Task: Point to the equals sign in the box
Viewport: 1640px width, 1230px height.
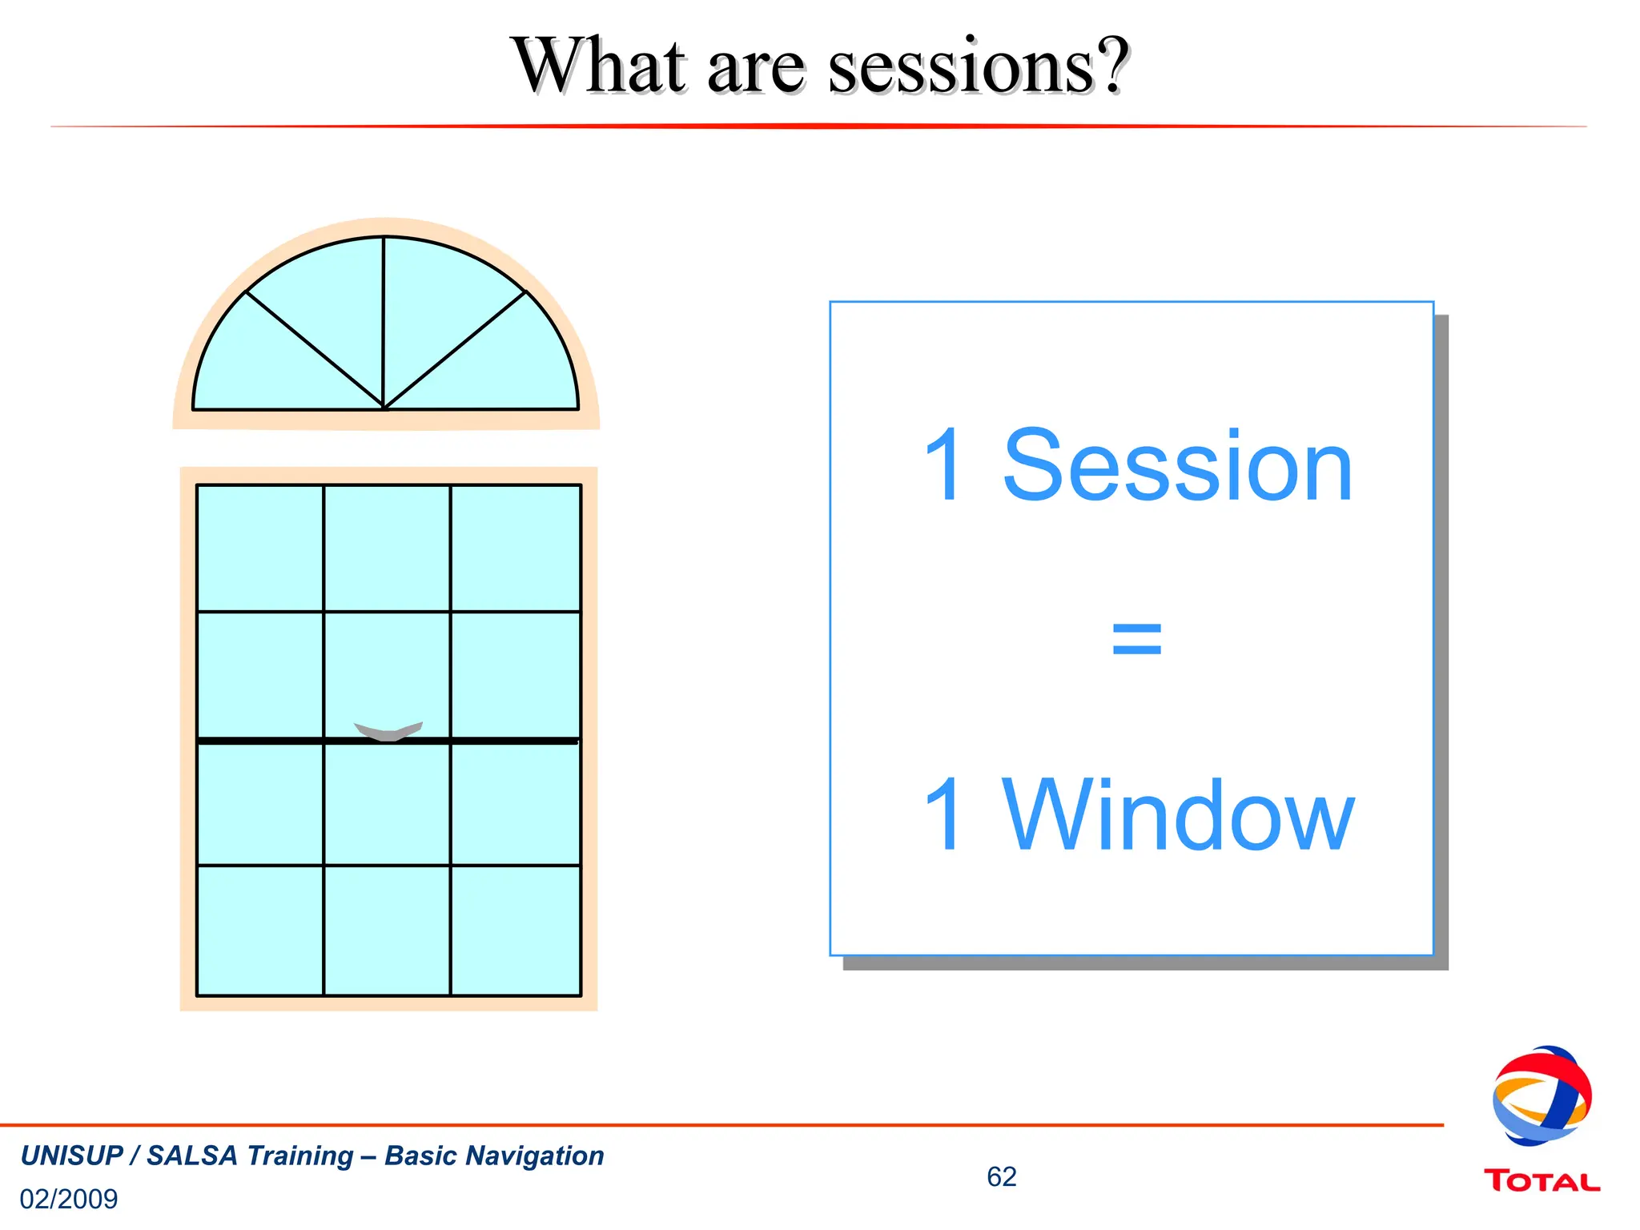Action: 1136,639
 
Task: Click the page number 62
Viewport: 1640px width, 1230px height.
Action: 1001,1176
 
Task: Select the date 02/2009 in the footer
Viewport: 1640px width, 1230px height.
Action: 69,1199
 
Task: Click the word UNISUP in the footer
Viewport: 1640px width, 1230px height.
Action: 72,1156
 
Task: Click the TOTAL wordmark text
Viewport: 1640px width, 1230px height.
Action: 1542,1181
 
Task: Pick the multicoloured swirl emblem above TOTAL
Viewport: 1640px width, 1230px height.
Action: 1542,1095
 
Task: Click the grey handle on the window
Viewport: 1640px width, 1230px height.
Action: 388,730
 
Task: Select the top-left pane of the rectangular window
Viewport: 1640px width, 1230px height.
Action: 260,549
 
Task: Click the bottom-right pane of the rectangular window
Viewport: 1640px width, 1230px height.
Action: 516,931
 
